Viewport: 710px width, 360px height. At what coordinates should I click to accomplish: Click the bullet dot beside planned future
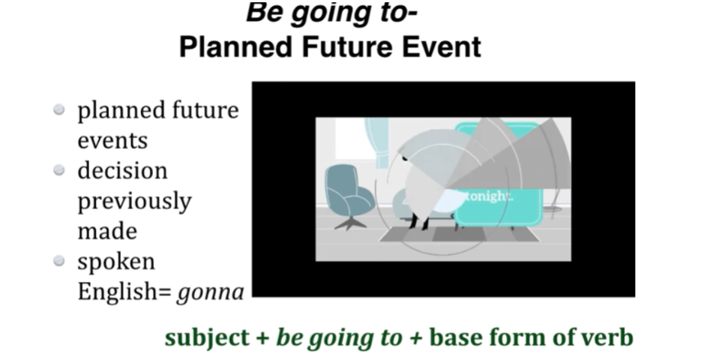59,110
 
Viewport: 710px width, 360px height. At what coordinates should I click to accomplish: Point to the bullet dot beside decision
59,170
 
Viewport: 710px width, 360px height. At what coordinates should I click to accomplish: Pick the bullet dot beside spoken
59,261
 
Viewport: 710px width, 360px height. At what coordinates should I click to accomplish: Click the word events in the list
112,141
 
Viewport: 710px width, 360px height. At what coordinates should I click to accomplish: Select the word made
107,231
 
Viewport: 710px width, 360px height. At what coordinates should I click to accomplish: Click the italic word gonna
211,293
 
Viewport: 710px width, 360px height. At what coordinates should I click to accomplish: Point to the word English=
124,292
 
